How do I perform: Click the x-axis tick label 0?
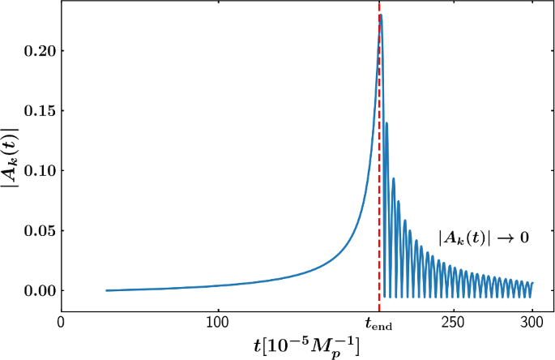point(61,322)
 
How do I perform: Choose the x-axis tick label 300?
point(532,322)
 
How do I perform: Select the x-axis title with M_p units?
point(306,345)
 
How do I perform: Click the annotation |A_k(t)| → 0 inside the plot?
point(484,238)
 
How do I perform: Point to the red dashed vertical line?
point(379,162)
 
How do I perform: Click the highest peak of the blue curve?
point(381,15)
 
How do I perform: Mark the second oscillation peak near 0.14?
point(387,122)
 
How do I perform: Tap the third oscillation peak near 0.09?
point(394,178)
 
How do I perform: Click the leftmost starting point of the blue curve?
point(106,290)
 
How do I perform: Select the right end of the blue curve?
point(532,283)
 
